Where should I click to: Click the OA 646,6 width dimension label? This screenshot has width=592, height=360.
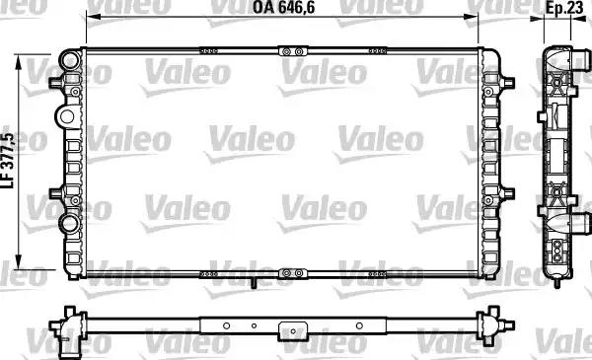[x=283, y=7]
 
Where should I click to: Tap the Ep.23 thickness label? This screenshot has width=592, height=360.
[x=564, y=8]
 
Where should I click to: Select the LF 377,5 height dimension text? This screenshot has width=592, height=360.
[x=8, y=161]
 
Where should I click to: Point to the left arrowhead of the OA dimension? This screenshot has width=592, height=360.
[x=92, y=17]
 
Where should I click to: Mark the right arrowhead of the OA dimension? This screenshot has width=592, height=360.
[x=473, y=17]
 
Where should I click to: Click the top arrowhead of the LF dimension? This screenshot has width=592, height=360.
[x=18, y=62]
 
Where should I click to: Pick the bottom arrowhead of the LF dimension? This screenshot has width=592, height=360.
[x=18, y=261]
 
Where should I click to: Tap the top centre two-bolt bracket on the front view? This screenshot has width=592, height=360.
[x=293, y=51]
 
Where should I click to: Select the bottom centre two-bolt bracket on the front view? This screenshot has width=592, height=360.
[x=293, y=273]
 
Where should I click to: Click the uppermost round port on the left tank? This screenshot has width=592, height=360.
[x=71, y=59]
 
